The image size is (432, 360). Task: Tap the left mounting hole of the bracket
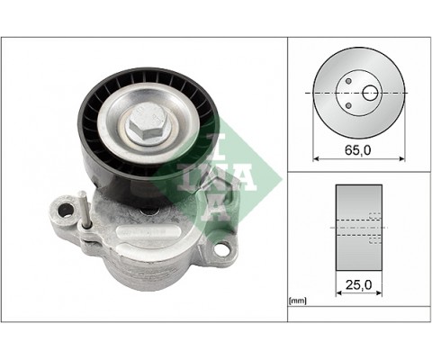[x=66, y=213]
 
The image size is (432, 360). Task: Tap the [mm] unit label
[x=298, y=301]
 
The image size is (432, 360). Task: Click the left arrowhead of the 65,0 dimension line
[x=316, y=159]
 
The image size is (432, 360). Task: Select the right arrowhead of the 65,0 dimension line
[x=400, y=159]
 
